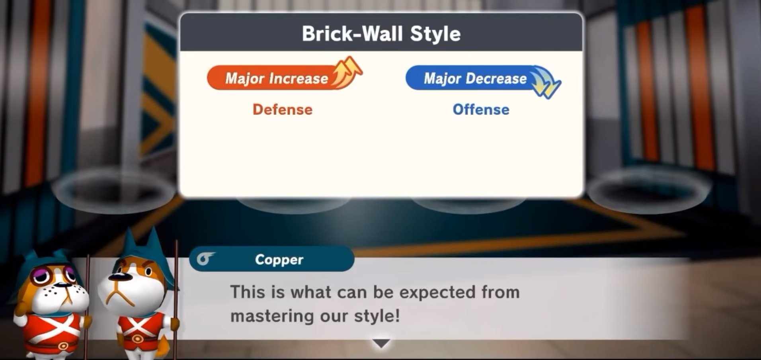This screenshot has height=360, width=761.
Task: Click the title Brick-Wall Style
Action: tap(381, 33)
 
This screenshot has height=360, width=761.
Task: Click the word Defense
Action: tap(283, 110)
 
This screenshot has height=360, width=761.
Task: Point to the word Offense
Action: tap(481, 110)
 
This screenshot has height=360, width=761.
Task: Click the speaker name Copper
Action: tap(279, 260)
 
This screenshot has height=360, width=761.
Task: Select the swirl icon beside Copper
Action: tap(205, 259)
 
